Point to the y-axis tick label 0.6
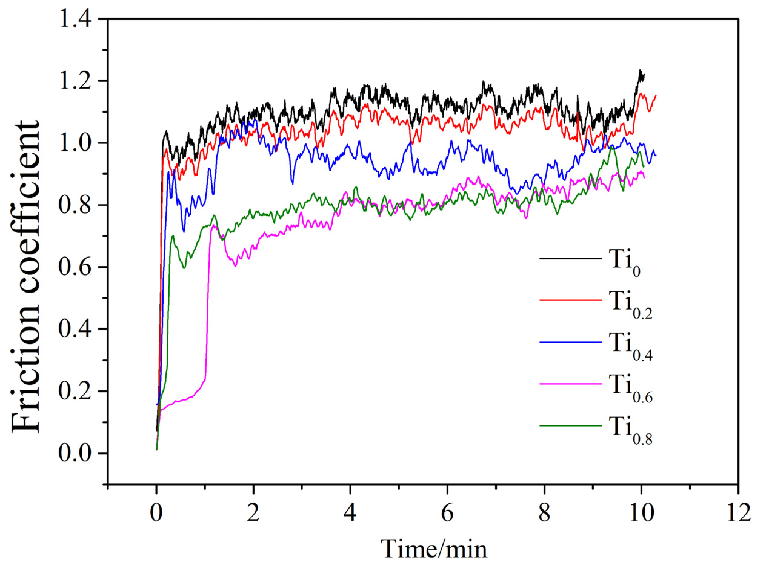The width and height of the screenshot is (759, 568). pyautogui.click(x=75, y=268)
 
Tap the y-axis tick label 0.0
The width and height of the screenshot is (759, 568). pyautogui.click(x=75, y=454)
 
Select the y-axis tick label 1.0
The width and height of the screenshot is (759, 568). pyautogui.click(x=75, y=143)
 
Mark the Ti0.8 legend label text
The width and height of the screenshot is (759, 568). pyautogui.click(x=631, y=429)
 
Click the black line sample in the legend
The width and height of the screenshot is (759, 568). pyautogui.click(x=571, y=258)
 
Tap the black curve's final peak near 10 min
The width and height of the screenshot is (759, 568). pyautogui.click(x=640, y=71)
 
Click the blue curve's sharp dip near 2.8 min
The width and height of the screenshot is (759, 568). pyautogui.click(x=292, y=183)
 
